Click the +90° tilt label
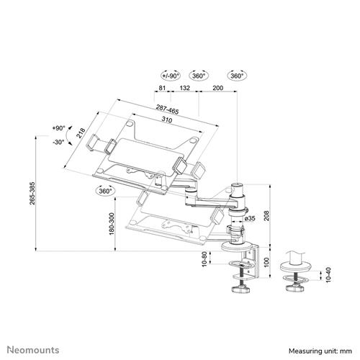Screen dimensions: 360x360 click(x=58, y=127)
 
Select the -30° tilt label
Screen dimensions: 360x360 click(x=58, y=142)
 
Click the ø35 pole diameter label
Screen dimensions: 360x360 click(x=250, y=218)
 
